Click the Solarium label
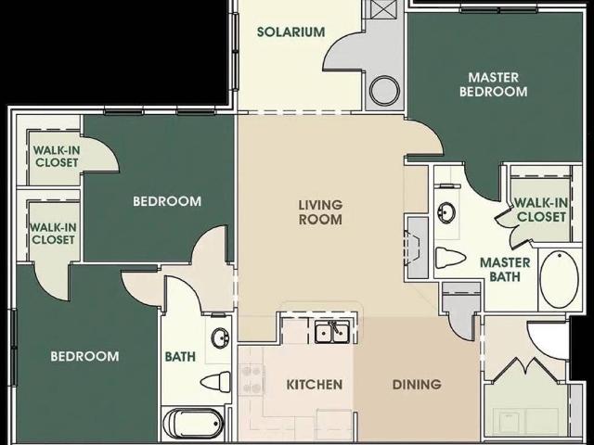coord(291,32)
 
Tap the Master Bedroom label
coord(493,84)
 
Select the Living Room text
coord(320,212)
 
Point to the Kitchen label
coord(315,385)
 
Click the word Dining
coord(417,385)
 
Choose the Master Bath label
coord(505,270)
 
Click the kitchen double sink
coord(332,332)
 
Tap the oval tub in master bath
coord(559,280)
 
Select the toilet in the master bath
coord(450,258)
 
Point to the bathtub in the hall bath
coord(194,423)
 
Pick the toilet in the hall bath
coord(215,381)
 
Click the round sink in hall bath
coord(220,337)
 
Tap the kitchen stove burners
coord(251,379)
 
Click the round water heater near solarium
coord(384,91)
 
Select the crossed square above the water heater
coord(384,8)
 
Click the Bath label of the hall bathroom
coord(180,356)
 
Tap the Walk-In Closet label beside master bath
coord(541,210)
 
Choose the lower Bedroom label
coord(84,356)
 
